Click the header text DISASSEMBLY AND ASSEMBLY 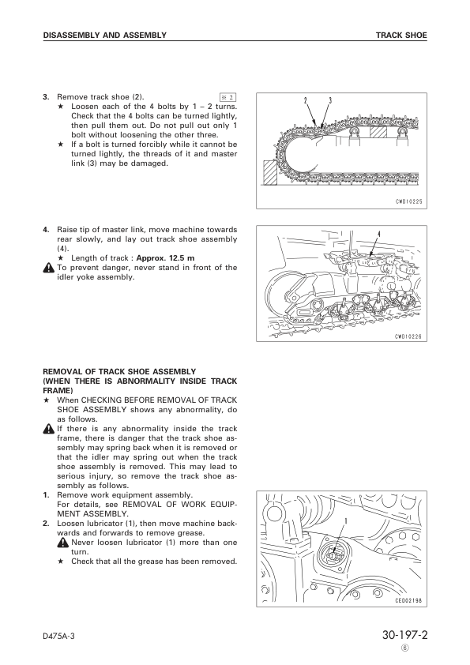click(105, 36)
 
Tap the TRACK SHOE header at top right click(401, 36)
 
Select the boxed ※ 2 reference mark click(227, 98)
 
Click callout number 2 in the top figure click(305, 100)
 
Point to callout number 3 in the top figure click(330, 100)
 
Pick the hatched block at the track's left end click(270, 173)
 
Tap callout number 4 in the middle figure click(379, 234)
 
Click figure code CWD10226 click(408, 337)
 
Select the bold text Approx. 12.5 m click(165, 257)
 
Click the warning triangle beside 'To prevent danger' click(49, 268)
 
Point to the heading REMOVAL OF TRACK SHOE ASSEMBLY click(119, 372)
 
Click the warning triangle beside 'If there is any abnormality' click(49, 429)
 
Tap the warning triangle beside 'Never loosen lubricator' click(63, 543)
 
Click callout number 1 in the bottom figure click(346, 520)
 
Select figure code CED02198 click(408, 600)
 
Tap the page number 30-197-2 click(404, 635)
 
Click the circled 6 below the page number click(405, 648)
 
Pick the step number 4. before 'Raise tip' click(46, 230)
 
